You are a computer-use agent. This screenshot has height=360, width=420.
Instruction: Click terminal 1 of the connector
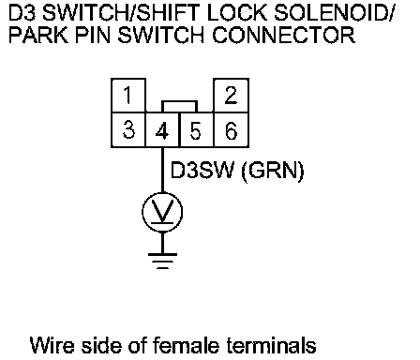click(x=128, y=96)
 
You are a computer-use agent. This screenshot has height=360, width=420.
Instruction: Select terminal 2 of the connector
click(x=231, y=96)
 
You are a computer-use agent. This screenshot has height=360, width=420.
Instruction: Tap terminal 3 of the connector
click(x=128, y=129)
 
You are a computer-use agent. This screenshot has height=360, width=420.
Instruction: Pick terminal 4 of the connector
click(x=163, y=129)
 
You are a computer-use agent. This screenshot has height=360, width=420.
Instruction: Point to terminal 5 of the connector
click(x=197, y=129)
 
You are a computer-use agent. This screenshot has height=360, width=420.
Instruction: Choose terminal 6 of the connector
click(x=232, y=129)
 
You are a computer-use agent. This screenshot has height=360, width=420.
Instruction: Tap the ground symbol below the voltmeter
click(x=162, y=261)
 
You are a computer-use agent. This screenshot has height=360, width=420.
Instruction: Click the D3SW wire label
click(x=202, y=171)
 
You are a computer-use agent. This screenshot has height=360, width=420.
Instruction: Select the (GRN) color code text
click(x=273, y=172)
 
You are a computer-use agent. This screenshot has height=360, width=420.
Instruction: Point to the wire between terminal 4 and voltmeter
click(x=162, y=170)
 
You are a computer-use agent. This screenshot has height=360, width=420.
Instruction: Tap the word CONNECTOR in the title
click(x=284, y=35)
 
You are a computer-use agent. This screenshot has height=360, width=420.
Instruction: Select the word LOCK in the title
click(x=237, y=13)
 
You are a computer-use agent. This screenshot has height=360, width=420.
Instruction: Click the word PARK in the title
click(x=38, y=35)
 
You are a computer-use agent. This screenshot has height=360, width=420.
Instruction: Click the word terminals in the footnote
click(x=271, y=345)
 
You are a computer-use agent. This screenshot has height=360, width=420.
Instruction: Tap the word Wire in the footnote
click(x=52, y=345)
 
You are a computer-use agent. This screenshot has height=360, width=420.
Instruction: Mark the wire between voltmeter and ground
click(x=162, y=243)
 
